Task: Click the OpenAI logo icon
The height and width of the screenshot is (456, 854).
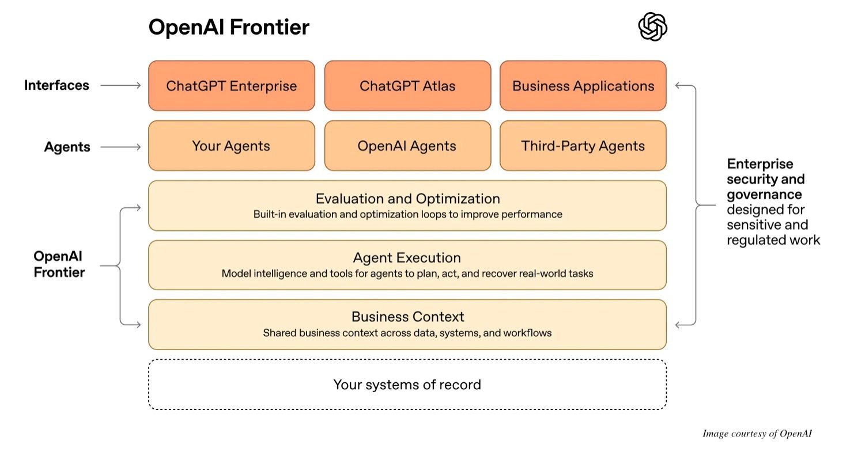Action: [652, 27]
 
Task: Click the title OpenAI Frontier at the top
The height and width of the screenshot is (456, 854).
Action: [229, 27]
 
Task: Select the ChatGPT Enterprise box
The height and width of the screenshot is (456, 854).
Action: [232, 86]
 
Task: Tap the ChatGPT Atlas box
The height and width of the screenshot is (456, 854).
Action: [407, 86]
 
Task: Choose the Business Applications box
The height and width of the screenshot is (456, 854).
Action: [583, 86]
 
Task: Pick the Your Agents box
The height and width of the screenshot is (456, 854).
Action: [232, 146]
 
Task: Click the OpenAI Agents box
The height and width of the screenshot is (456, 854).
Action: [407, 146]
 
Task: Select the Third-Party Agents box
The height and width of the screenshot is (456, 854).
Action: [583, 146]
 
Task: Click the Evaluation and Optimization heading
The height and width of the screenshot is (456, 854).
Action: [407, 199]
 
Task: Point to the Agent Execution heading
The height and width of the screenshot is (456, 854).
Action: [407, 257]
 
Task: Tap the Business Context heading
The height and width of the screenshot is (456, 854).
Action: [407, 317]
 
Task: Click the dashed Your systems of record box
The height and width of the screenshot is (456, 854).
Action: [407, 384]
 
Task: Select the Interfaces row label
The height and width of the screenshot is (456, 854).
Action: [56, 85]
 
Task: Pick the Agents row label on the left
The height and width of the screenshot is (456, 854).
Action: [67, 147]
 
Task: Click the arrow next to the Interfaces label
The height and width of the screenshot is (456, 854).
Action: [120, 85]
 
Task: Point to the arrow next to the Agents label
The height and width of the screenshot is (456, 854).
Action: [120, 147]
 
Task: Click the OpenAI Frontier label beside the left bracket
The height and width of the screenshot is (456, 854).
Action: [59, 264]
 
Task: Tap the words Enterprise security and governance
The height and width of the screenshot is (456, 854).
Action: [765, 179]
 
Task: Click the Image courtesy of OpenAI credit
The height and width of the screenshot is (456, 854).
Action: [757, 434]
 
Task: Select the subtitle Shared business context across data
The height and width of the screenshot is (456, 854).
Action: [407, 333]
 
